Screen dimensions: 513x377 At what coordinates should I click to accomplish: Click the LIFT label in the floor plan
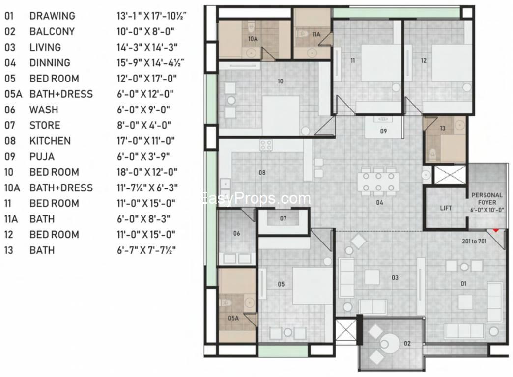446,208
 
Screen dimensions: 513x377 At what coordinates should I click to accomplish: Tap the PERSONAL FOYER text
487,199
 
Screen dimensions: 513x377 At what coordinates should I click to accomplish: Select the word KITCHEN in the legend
50,141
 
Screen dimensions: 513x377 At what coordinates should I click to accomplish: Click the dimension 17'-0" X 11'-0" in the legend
145,141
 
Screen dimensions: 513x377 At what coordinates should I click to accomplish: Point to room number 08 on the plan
262,172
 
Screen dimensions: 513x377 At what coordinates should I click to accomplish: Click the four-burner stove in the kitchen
266,145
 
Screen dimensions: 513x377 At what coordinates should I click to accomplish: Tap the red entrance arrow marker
496,230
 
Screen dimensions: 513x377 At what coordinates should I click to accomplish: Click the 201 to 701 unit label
474,242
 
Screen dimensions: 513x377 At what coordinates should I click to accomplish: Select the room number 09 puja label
383,131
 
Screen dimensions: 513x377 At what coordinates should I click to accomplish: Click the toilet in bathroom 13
432,154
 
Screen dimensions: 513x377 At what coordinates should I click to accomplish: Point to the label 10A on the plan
253,39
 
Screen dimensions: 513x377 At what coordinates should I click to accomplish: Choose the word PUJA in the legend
42,156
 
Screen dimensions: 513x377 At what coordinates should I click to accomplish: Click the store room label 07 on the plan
283,218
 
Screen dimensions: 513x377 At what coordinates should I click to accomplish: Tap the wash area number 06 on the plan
236,233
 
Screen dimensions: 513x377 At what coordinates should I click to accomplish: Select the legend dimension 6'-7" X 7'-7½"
146,250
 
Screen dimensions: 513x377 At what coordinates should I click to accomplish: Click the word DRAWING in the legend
53,16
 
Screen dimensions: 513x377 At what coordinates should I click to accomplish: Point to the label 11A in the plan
316,34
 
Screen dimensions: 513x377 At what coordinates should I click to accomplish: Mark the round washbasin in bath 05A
250,302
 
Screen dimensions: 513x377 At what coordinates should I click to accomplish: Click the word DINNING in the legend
50,63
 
